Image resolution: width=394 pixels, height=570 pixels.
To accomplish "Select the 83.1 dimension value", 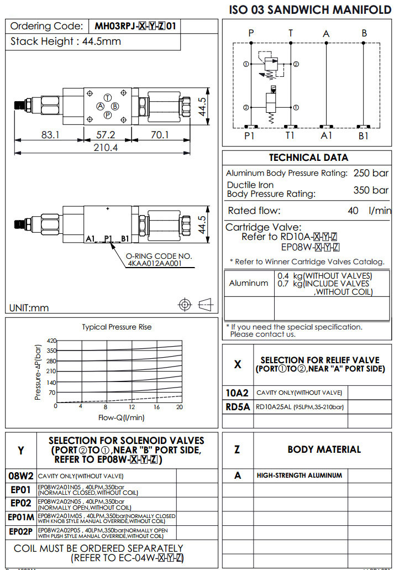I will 49,134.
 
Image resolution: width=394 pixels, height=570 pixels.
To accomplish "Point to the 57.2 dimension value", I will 106,134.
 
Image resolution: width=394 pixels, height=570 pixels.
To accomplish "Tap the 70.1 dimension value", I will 160,134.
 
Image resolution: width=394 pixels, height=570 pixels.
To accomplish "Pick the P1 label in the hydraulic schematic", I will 250,135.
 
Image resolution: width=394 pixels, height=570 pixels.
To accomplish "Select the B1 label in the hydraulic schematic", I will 363,135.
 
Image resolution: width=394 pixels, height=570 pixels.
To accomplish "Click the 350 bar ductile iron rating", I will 371,190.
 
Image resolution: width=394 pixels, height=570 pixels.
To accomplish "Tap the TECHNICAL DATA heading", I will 308,158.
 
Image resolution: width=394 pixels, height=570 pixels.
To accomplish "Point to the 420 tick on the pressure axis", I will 52,341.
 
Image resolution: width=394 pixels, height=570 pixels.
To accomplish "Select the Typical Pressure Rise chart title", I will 117,327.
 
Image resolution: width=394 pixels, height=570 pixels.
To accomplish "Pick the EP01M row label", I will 21,517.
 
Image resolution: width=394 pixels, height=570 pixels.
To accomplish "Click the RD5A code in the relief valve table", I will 238,407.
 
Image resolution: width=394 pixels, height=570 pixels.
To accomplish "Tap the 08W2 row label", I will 21,475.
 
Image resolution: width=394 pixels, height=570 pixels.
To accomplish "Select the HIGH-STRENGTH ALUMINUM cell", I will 299,475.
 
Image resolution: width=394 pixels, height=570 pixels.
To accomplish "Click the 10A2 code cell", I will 238,393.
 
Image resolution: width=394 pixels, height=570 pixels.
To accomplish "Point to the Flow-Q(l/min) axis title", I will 121,417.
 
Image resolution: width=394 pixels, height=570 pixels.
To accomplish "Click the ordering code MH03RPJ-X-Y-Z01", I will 135,26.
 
